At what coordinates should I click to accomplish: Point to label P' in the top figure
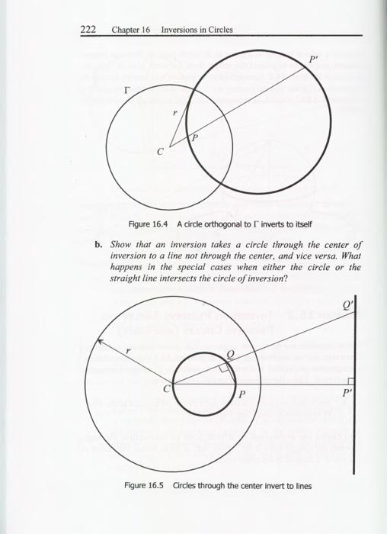314,60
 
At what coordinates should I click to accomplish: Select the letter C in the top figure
159,150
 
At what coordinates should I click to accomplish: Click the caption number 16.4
155,224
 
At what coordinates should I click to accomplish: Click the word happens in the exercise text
127,269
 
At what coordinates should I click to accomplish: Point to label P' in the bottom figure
347,395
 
